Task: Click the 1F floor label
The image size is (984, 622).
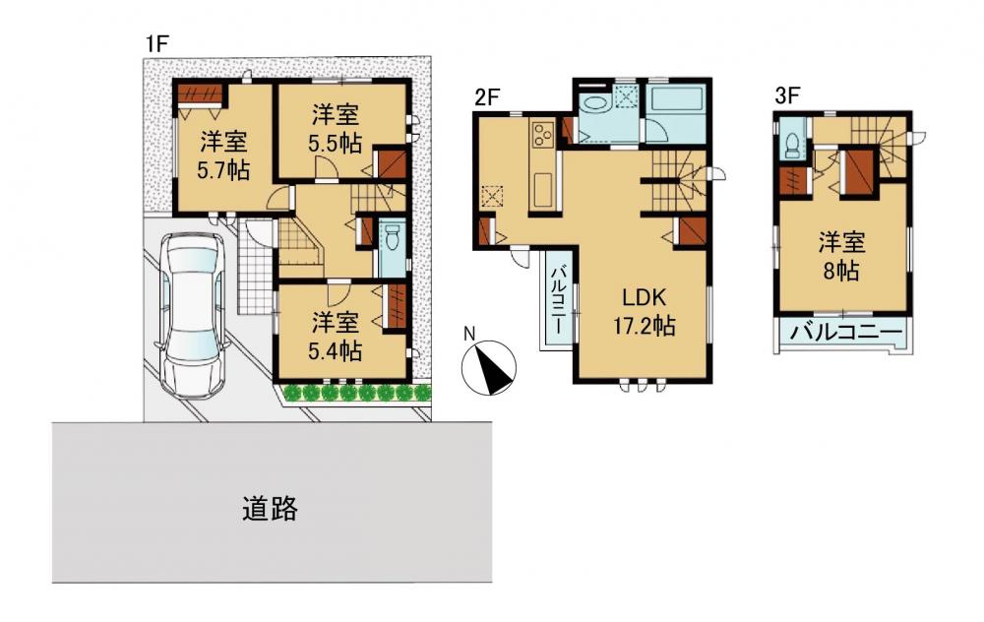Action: (156, 44)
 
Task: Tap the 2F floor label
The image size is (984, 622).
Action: (486, 97)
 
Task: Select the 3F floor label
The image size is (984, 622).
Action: (786, 96)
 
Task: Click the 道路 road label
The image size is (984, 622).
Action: (270, 509)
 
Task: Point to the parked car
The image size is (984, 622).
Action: (191, 316)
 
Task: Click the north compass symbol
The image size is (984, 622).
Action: (488, 366)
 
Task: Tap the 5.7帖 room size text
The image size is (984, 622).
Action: (224, 169)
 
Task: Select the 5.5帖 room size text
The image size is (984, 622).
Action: (336, 143)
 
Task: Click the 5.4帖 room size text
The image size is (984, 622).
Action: (336, 350)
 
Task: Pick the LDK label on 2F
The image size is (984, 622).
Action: (644, 297)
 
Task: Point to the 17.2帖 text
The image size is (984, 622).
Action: (644, 326)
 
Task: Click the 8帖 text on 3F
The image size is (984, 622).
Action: (841, 272)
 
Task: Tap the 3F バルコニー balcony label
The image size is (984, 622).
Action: (845, 332)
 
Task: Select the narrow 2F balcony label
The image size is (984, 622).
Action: (557, 300)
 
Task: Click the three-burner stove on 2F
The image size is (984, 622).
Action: (541, 134)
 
